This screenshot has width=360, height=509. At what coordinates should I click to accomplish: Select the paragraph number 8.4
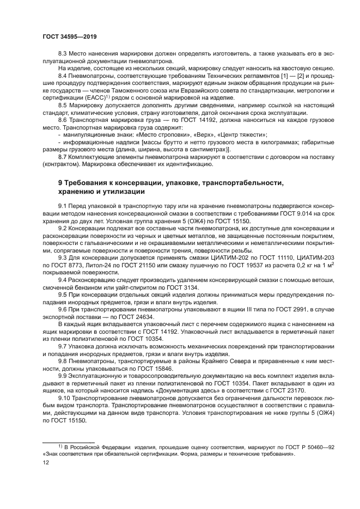coord(64,76)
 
